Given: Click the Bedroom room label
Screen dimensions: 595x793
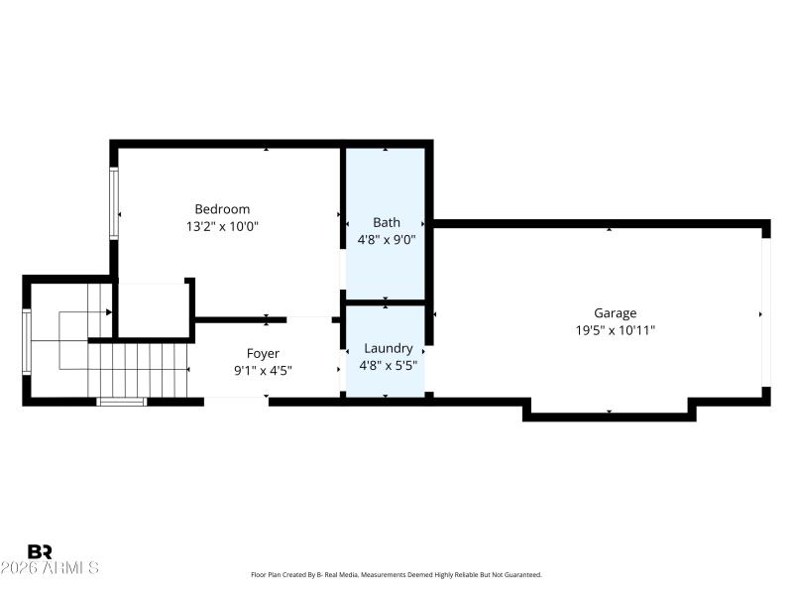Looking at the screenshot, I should tap(222, 209).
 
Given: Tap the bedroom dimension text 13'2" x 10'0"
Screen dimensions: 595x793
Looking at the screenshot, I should tap(222, 226).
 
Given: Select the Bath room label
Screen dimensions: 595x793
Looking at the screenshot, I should tap(387, 222).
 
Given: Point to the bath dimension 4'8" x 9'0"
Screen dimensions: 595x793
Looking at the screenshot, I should tap(387, 239).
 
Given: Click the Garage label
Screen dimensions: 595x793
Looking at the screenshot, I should tap(615, 313).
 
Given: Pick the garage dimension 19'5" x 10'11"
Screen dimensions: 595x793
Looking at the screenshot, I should tap(615, 330).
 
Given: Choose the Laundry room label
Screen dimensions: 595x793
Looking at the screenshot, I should tap(388, 348).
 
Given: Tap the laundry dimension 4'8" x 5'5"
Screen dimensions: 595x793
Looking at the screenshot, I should tap(388, 365).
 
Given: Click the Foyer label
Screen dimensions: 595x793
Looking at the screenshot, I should tap(263, 353).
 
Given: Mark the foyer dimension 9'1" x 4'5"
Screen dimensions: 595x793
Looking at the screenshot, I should tap(263, 370).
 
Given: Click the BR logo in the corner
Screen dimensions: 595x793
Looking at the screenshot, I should tap(40, 551).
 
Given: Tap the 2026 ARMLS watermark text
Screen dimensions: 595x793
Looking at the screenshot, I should tap(50, 568).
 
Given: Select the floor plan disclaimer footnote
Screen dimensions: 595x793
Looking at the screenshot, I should tap(396, 575).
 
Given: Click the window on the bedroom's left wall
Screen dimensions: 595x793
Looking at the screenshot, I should tap(114, 203).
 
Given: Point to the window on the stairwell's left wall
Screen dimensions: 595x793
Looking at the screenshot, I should tap(27, 342).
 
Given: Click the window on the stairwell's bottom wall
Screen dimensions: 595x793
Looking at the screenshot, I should tap(121, 402).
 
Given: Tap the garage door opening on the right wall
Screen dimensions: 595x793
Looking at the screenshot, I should tap(765, 312).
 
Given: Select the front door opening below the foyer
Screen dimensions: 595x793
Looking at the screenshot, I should tap(236, 401).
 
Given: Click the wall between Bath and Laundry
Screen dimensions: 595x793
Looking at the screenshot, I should tap(386, 301).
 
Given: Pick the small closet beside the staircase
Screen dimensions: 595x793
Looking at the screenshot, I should tap(152, 309).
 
